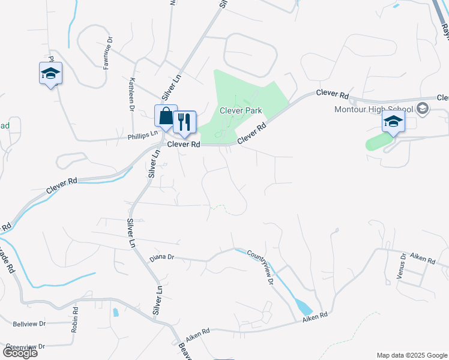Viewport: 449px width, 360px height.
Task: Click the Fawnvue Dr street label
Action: (x=107, y=55)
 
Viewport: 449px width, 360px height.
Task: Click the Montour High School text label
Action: (x=375, y=109)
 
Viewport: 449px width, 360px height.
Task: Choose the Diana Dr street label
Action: (x=162, y=257)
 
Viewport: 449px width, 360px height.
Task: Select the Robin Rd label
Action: (x=75, y=320)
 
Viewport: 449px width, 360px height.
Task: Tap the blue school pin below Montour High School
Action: (x=393, y=122)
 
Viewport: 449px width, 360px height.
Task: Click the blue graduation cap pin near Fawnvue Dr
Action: (x=50, y=74)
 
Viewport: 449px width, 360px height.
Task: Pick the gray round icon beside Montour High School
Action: (x=423, y=108)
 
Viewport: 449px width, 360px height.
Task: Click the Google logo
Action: (x=19, y=353)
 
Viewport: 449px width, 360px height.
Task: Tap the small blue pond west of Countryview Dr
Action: (x=115, y=312)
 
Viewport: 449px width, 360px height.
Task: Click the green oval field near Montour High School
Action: (x=377, y=142)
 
